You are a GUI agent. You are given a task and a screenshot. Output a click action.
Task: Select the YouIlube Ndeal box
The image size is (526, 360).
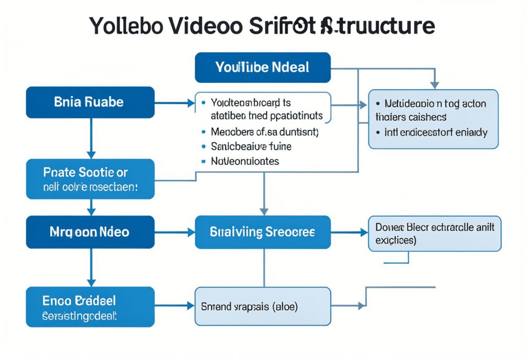[262, 67]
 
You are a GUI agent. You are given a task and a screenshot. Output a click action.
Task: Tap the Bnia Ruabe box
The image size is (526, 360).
[90, 102]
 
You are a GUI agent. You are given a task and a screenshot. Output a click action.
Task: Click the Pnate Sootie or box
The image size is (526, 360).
[90, 179]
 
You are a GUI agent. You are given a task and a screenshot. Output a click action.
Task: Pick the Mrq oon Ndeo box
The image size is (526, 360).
[90, 232]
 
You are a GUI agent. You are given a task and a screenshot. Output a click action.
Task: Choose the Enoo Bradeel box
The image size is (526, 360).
[90, 307]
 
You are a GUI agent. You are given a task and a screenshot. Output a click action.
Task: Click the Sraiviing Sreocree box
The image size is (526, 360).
[262, 232]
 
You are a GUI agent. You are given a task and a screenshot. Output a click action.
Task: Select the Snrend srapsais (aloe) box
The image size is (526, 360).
[262, 307]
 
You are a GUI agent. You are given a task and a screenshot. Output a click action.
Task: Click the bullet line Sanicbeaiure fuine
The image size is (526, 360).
[251, 146]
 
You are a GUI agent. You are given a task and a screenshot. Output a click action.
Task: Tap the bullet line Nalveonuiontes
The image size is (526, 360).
[245, 161]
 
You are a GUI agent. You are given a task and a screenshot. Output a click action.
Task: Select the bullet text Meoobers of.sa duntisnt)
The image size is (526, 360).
[265, 132]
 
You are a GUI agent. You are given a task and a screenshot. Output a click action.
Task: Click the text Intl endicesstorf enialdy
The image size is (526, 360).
[436, 132]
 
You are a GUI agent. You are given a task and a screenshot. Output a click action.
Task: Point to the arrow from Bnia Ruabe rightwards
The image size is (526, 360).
[175, 103]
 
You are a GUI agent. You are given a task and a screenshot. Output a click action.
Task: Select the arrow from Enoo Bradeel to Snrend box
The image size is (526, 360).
[175, 307]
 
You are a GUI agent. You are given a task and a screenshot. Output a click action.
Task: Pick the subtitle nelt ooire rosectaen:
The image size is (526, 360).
[90, 188]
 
